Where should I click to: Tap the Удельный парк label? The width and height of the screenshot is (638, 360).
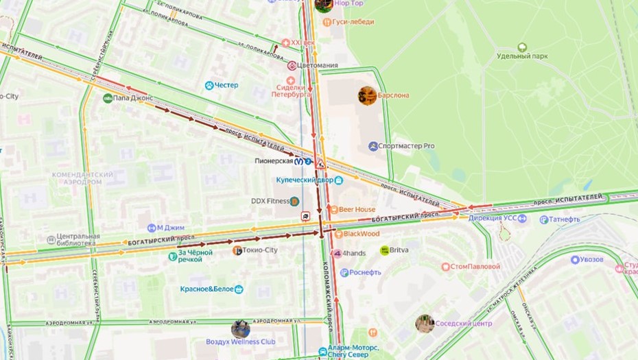tap(521, 56)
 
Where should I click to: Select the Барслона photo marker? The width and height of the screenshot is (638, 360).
tap(367, 95)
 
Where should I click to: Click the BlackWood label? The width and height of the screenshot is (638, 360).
tap(361, 233)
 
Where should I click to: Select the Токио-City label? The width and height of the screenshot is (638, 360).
tap(259, 250)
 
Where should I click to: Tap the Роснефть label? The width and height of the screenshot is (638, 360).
tap(365, 272)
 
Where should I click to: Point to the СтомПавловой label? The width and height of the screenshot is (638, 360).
tap(474, 266)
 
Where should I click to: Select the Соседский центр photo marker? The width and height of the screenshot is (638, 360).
tap(425, 324)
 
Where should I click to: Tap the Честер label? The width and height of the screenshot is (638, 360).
tap(226, 85)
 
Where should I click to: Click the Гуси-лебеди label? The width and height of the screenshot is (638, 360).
tap(353, 21)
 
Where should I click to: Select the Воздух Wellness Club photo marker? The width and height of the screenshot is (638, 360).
tap(240, 328)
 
